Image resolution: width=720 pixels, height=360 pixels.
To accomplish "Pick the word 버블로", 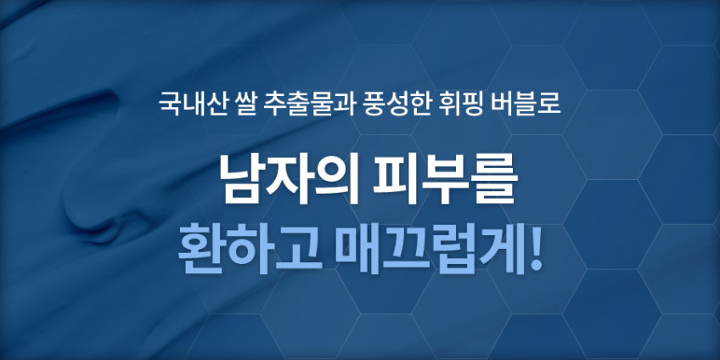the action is [525, 104].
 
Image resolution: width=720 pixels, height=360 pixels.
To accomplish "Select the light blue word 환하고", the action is [250, 249].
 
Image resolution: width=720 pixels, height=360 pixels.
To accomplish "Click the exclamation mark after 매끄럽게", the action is [532, 249].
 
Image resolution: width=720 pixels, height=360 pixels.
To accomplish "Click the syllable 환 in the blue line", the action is [201, 249].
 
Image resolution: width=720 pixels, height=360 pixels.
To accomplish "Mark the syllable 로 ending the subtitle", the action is [548, 104].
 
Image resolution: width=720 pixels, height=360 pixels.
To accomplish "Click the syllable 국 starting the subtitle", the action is [170, 104].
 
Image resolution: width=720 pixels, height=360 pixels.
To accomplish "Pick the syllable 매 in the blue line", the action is [357, 249].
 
